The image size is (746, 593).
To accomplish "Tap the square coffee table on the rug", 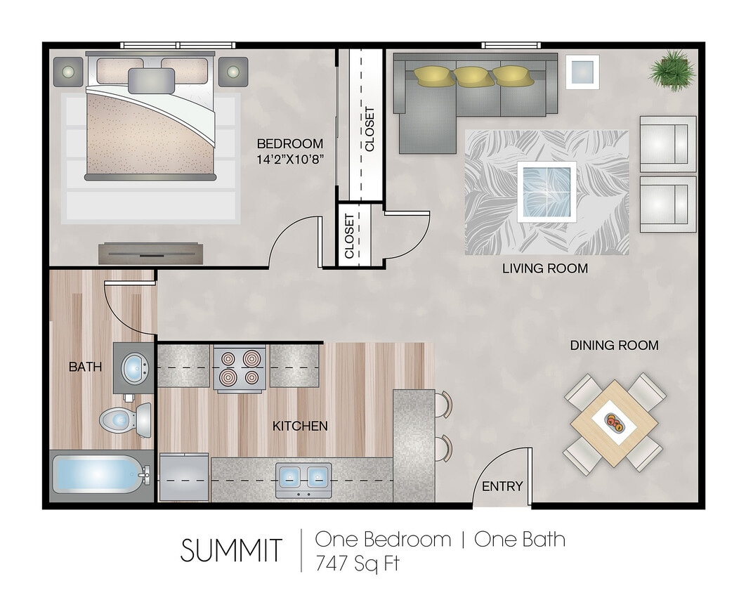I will (x=547, y=190).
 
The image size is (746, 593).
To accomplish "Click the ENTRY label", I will (x=502, y=486).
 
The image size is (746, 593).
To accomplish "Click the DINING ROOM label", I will (x=614, y=345).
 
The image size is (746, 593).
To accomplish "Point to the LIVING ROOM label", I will (x=545, y=268).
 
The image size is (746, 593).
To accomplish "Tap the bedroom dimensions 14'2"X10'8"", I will (x=290, y=159).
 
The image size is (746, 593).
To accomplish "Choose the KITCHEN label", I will (x=300, y=426).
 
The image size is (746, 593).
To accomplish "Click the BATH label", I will (x=85, y=366).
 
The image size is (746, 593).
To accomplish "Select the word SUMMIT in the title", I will (x=231, y=549).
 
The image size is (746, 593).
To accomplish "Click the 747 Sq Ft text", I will (x=358, y=562).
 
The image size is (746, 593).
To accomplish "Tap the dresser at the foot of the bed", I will (x=151, y=252).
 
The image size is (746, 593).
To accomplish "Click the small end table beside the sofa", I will (x=582, y=71).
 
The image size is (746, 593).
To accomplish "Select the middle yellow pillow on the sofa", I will (x=473, y=76).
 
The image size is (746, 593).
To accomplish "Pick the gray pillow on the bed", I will (x=151, y=79).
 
